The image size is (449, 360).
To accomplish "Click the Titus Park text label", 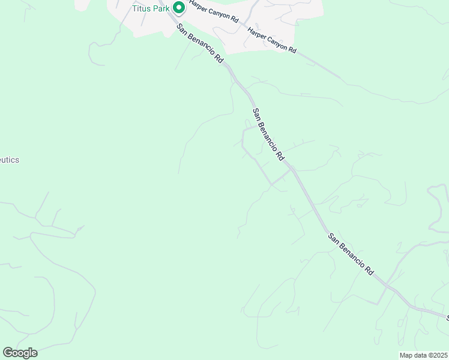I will click(x=151, y=8).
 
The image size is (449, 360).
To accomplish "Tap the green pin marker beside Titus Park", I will click(x=178, y=8).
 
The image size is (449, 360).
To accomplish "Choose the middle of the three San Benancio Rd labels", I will click(x=268, y=134).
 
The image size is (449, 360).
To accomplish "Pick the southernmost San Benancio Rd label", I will click(x=351, y=253).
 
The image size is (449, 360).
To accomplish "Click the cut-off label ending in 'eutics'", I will click(x=9, y=160).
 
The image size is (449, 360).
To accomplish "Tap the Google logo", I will click(x=20, y=353).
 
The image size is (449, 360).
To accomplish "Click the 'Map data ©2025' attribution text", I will click(x=424, y=355).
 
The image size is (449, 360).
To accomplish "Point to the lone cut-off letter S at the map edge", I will click(x=447, y=316).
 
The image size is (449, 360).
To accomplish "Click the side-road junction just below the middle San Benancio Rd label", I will click(x=292, y=169).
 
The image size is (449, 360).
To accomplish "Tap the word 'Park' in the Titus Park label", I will click(x=161, y=8).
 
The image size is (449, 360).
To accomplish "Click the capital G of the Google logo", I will click(x=8, y=353).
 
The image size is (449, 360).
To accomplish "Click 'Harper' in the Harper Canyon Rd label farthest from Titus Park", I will click(x=256, y=35).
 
